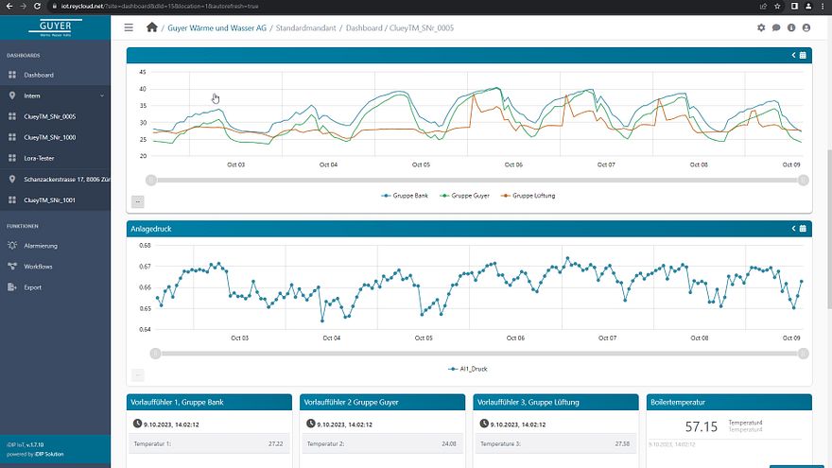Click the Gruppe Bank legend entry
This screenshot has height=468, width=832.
pos(409,195)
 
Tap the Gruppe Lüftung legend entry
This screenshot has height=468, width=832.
pos(533,195)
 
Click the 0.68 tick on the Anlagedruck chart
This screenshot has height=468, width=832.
pos(145,245)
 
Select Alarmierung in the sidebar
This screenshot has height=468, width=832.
pos(41,246)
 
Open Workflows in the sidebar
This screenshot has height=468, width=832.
pos(38,267)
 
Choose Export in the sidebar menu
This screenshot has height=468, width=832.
pos(32,287)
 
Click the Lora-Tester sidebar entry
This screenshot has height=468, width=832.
pos(40,158)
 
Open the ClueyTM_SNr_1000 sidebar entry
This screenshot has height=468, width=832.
pos(49,137)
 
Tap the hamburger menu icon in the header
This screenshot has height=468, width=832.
pos(130,27)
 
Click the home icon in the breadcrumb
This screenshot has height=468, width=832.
pos(151,27)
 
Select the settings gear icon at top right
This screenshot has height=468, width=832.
pos(761,27)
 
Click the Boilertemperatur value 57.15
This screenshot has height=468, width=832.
pos(701,427)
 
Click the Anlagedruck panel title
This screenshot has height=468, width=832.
pos(151,228)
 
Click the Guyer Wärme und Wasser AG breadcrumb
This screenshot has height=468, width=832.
pos(217,27)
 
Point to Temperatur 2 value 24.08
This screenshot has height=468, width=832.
pos(448,442)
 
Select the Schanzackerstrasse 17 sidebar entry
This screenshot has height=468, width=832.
pos(62,179)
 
